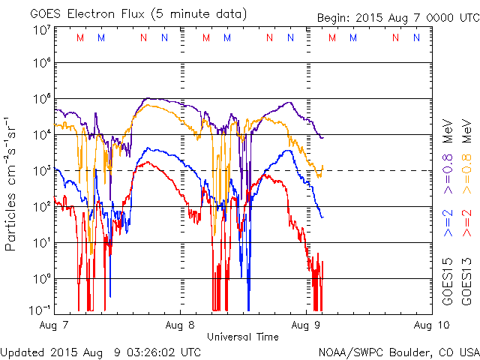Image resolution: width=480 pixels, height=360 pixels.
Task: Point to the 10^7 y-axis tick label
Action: pyautogui.click(x=41, y=29)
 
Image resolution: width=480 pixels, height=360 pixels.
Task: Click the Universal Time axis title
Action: pyautogui.click(x=242, y=337)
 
